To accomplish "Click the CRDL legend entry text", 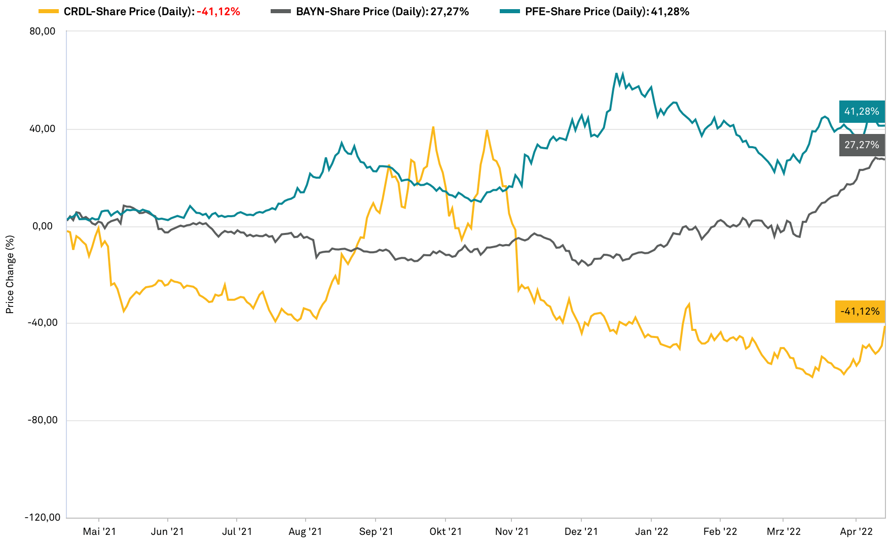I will click(x=152, y=11).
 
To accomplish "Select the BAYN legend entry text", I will click(x=382, y=11).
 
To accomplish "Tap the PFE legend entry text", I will click(x=607, y=11).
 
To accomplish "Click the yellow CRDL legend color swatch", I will click(x=48, y=11).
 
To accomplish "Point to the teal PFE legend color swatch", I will click(x=509, y=11).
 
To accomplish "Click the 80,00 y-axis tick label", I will click(x=43, y=31).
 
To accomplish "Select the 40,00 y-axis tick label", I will click(x=43, y=129).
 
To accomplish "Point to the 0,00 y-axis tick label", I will click(x=44, y=226).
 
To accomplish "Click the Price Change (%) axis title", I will click(x=10, y=275).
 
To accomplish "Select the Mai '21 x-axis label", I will click(x=99, y=532).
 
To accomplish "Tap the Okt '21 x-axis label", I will click(x=446, y=532).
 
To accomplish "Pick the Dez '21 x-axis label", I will click(x=581, y=532).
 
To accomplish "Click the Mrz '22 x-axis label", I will click(x=784, y=532).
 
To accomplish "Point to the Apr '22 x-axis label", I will click(x=856, y=532).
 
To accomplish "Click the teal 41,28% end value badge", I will click(x=862, y=112).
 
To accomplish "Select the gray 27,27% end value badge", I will click(x=862, y=145).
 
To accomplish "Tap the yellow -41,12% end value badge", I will click(x=860, y=312).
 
